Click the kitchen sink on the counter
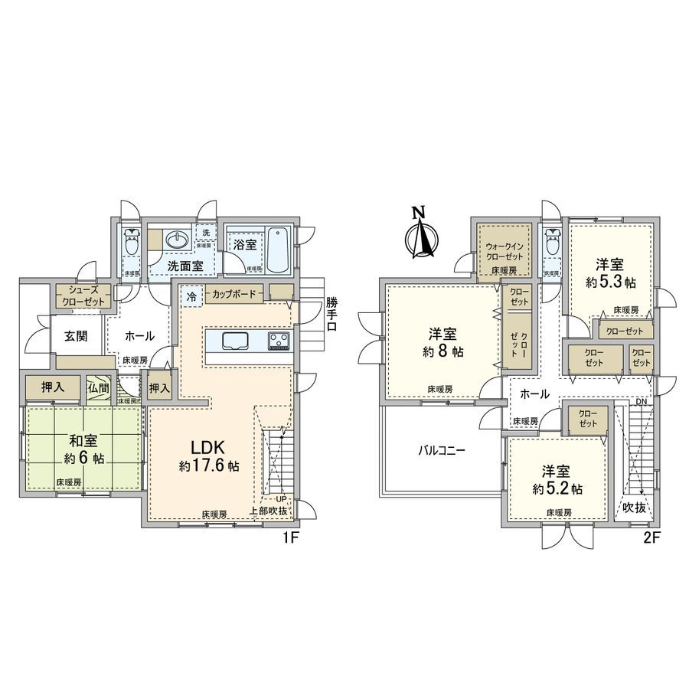click(x=234, y=341)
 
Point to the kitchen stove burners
click(x=279, y=340)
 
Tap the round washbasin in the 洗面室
click(x=178, y=240)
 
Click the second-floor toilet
click(x=550, y=243)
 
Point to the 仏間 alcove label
click(x=98, y=387)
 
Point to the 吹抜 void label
click(x=634, y=508)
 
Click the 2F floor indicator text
click(x=651, y=537)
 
